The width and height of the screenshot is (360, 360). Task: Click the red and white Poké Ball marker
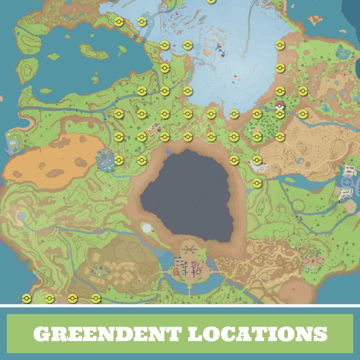click(x=279, y=106)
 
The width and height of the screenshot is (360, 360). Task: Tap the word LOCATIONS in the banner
click(x=257, y=333)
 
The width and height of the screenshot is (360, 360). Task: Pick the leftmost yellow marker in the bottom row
click(x=27, y=298)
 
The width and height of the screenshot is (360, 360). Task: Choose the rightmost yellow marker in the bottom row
click(x=95, y=298)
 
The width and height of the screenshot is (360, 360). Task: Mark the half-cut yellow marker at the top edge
click(x=211, y=1)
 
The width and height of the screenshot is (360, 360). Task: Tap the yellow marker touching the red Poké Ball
click(x=280, y=114)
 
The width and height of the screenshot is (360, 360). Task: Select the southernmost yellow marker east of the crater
click(x=257, y=183)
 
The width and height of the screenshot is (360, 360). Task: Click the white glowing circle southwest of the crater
click(x=147, y=229)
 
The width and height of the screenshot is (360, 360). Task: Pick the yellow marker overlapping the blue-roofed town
click(x=119, y=160)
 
